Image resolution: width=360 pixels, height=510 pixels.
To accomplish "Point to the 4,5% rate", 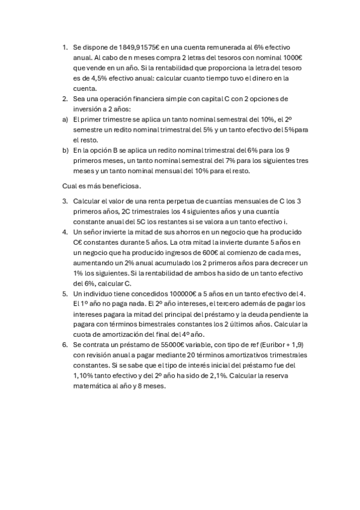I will point(90,78).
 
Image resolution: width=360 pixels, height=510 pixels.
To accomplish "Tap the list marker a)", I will point(65,119).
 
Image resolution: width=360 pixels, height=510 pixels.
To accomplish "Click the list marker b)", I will point(65,150).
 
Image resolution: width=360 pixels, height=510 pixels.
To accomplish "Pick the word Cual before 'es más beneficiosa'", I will point(70,186).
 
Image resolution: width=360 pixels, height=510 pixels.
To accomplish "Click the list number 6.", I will point(64,345).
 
